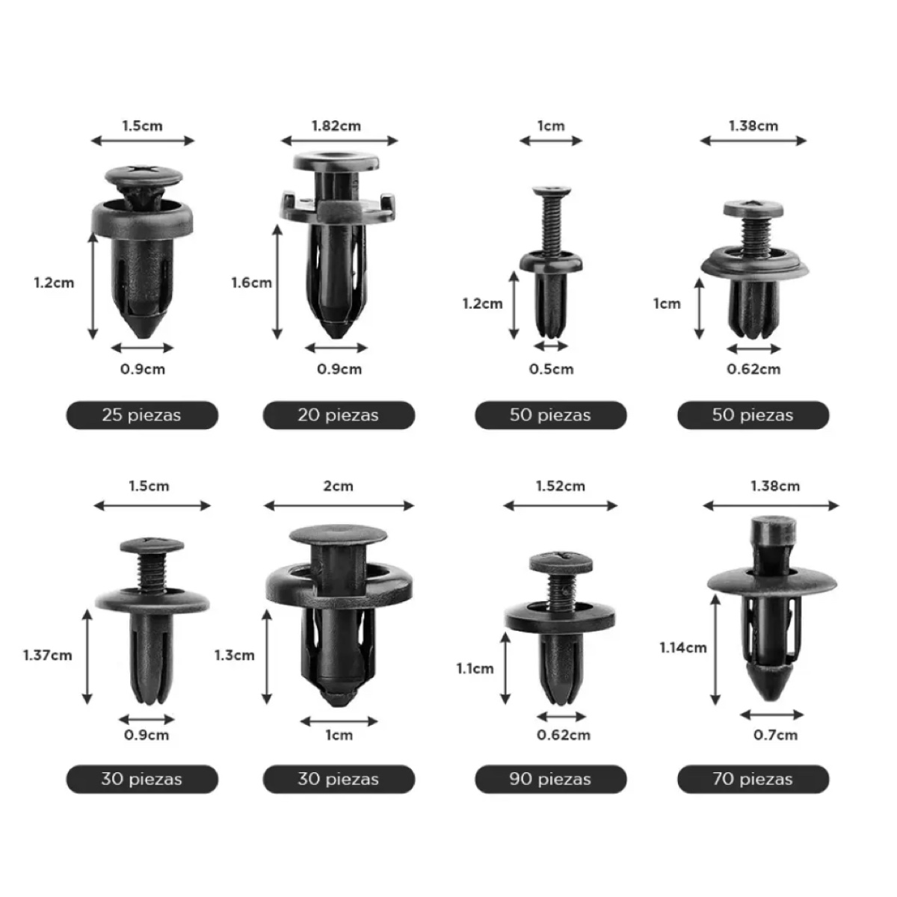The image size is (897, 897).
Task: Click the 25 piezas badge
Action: pyautogui.click(x=142, y=415)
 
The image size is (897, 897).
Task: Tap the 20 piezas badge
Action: pyautogui.click(x=339, y=415)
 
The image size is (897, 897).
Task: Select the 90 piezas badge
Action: pyautogui.click(x=551, y=779)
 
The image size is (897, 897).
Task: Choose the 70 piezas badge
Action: pyautogui.click(x=753, y=779)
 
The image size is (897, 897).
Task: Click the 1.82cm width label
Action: pyautogui.click(x=336, y=126)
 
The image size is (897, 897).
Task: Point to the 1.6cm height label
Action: pyautogui.click(x=251, y=283)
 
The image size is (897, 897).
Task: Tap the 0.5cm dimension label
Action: pyautogui.click(x=551, y=369)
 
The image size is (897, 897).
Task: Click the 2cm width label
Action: pyautogui.click(x=339, y=486)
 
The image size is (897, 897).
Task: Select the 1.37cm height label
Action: pyautogui.click(x=48, y=656)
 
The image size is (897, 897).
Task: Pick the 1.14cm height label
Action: pyautogui.click(x=683, y=647)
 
